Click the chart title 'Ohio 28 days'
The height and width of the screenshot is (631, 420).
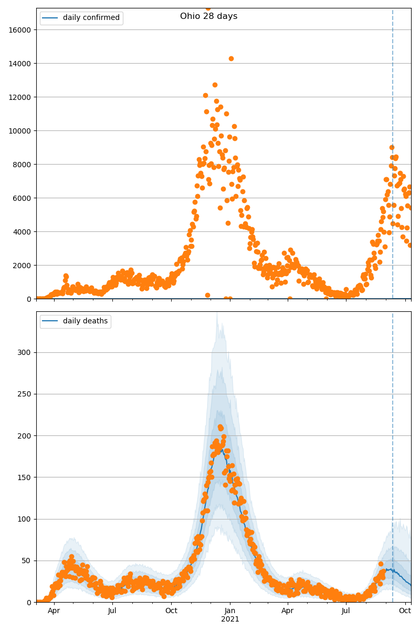[x=208, y=16]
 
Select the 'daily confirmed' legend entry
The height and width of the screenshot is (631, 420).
[x=91, y=18]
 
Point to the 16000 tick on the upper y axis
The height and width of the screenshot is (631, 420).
[x=22, y=30]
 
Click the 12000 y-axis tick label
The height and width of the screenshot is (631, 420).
[x=22, y=97]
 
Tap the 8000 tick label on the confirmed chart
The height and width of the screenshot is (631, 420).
[x=23, y=165]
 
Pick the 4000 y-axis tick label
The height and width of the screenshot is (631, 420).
[x=23, y=232]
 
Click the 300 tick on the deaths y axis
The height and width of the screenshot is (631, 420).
[x=25, y=352]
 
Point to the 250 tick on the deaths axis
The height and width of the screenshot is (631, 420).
[x=25, y=394]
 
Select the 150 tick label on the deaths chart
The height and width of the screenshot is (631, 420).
[x=25, y=477]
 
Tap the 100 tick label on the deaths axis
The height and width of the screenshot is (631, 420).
[x=25, y=519]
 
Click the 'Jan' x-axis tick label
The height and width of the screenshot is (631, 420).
[x=230, y=611]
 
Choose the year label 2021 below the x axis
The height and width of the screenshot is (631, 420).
[x=230, y=619]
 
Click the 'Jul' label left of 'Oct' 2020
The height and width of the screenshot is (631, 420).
[x=112, y=611]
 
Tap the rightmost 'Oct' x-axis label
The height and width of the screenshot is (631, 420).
[x=404, y=611]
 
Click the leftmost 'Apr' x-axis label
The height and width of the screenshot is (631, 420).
[x=54, y=611]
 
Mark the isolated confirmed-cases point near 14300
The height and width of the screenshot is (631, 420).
[x=231, y=58]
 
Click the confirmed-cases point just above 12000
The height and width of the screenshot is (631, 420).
[x=205, y=95]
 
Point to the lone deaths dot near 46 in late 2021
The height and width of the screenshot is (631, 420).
[x=381, y=564]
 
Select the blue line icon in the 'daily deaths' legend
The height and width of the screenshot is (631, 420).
[x=51, y=321]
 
